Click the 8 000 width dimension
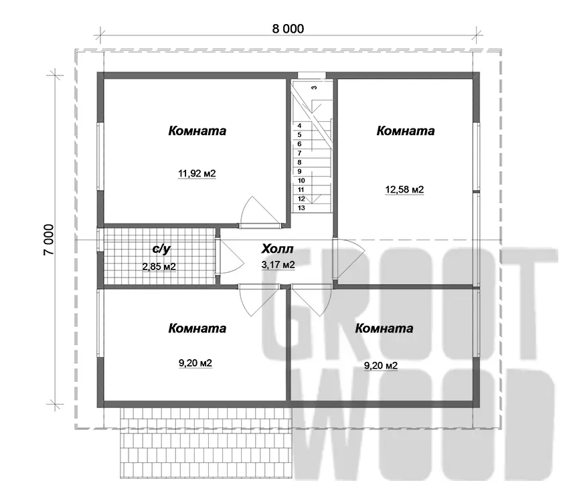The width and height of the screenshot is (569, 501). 288,29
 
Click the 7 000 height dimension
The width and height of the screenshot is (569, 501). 49,239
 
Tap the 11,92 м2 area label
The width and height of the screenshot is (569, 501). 197,174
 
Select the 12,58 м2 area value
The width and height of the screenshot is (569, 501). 404,189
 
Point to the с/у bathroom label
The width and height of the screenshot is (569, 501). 161,249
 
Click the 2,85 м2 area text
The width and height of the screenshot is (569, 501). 159,267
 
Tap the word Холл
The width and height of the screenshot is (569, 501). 277,249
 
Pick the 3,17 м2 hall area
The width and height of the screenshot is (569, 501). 278,265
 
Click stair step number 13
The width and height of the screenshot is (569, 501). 301,208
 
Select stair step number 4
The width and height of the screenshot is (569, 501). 299,126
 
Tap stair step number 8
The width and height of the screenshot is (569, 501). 299,163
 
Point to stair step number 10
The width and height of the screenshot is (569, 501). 301,181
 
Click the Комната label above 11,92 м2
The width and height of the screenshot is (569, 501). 197,130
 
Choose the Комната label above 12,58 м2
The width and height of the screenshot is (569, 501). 406,130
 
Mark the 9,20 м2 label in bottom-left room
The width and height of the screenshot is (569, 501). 195,363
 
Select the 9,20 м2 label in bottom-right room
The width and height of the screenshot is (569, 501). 381,365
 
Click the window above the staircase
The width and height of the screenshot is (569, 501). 312,75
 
